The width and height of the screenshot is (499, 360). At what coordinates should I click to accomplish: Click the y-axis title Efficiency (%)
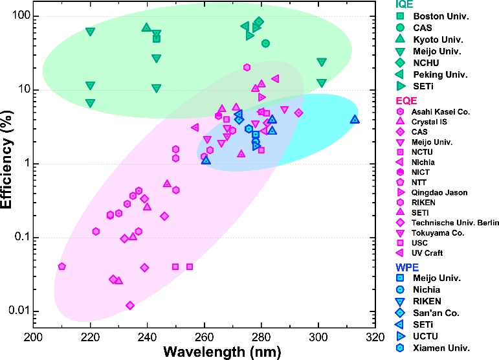6,159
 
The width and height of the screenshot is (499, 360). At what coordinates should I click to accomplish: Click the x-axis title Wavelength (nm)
222,352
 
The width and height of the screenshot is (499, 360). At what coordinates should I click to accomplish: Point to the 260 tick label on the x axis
205,337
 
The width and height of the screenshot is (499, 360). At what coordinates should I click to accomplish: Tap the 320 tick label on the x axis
375,337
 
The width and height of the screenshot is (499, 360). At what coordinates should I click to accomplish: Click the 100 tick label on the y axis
21,15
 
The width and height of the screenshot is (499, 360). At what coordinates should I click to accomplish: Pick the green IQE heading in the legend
404,4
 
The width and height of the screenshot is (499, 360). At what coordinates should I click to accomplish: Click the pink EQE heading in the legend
406,101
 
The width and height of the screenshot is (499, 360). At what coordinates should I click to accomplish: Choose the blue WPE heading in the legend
407,267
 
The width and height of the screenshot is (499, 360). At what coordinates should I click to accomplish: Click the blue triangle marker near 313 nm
355,120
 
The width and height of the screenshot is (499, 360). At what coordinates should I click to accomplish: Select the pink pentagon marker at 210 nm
62,266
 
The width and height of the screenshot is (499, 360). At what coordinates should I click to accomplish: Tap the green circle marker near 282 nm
266,43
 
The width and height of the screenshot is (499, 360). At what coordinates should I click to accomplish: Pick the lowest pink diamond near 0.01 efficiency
130,306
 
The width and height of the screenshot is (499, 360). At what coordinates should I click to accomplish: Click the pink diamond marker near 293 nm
298,113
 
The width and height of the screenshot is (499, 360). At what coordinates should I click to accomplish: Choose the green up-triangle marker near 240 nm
146,27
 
